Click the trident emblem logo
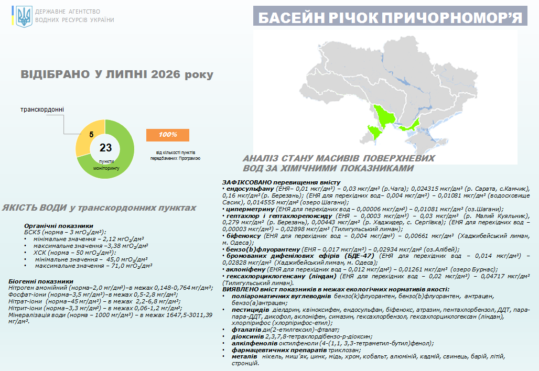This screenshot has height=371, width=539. pyautogui.click(x=24, y=16)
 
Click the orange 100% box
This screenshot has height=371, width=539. pyautogui.click(x=168, y=135)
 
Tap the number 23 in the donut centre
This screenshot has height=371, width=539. pyautogui.click(x=105, y=148)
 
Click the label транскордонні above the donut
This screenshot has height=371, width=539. pyautogui.click(x=42, y=110)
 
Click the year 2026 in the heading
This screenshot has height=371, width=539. pyautogui.click(x=166, y=74)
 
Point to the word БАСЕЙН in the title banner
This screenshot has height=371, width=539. pyautogui.click(x=291, y=18)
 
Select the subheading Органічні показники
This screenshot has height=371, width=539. pyautogui.click(x=59, y=226)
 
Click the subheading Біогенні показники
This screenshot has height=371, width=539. pyautogui.click(x=41, y=281)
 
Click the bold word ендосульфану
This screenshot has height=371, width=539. pyautogui.click(x=250, y=189)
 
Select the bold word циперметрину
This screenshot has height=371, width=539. pyautogui.click(x=250, y=209)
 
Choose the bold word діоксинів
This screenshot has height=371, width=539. pyautogui.click(x=247, y=336)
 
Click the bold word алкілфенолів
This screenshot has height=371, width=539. pyautogui.click(x=254, y=343)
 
